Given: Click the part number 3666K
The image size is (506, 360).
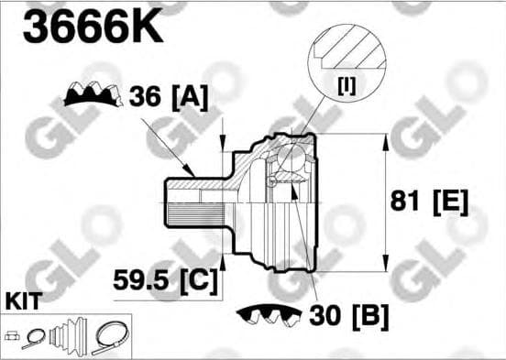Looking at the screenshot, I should [x=93, y=27].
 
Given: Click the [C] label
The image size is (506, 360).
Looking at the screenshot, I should [x=197, y=277].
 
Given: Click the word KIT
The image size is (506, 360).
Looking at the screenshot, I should [x=22, y=300].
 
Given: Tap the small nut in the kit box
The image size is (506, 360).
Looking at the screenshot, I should [x=12, y=335].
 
